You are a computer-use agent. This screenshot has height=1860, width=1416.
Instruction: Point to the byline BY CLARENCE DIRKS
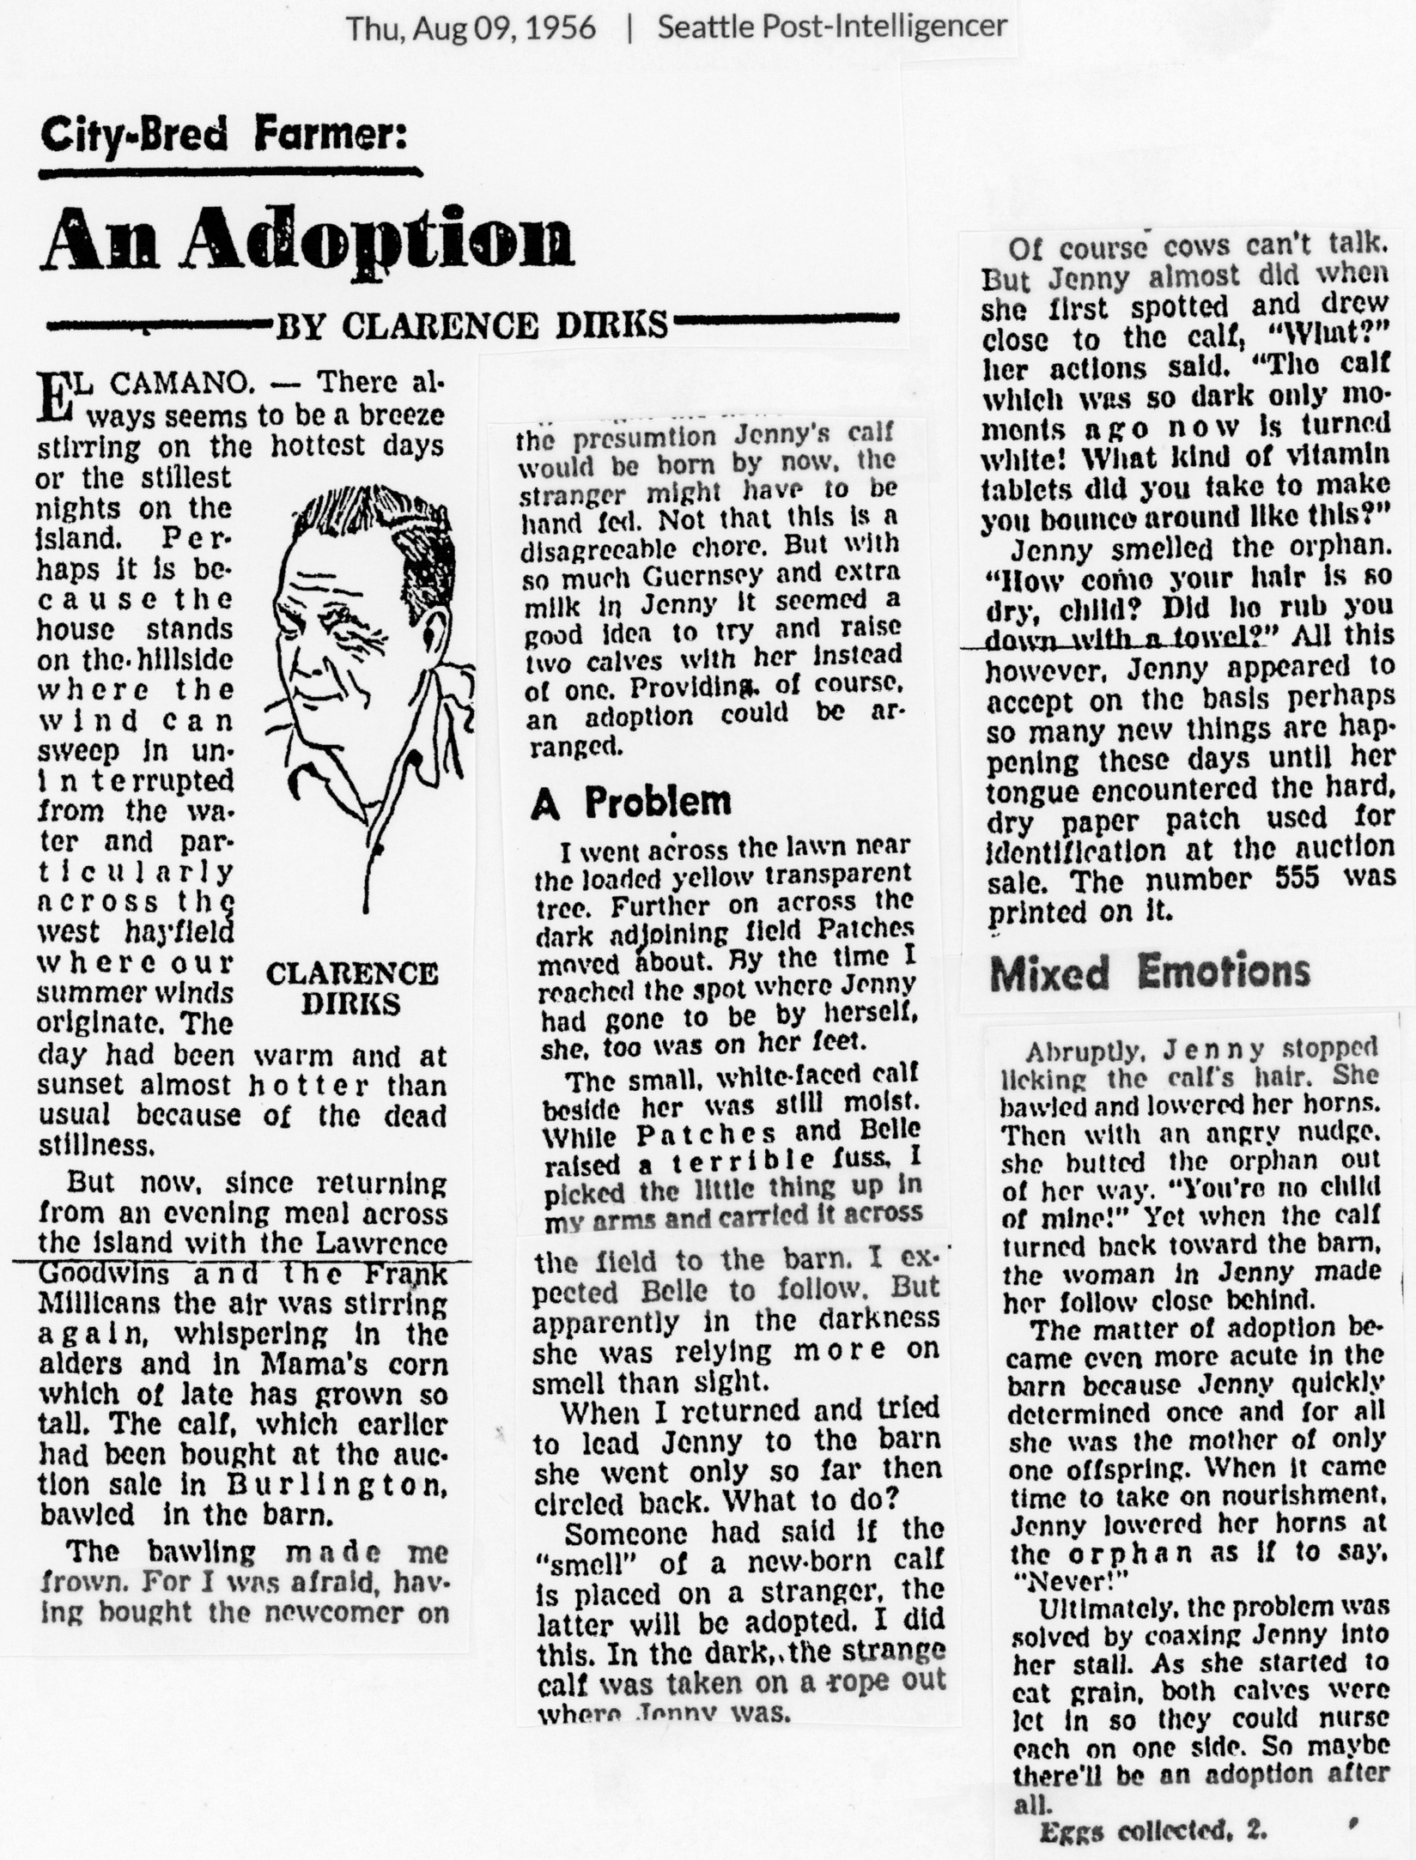(471, 325)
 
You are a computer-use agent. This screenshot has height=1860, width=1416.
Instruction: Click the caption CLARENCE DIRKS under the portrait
(352, 988)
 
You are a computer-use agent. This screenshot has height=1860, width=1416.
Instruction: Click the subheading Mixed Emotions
(1151, 972)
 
